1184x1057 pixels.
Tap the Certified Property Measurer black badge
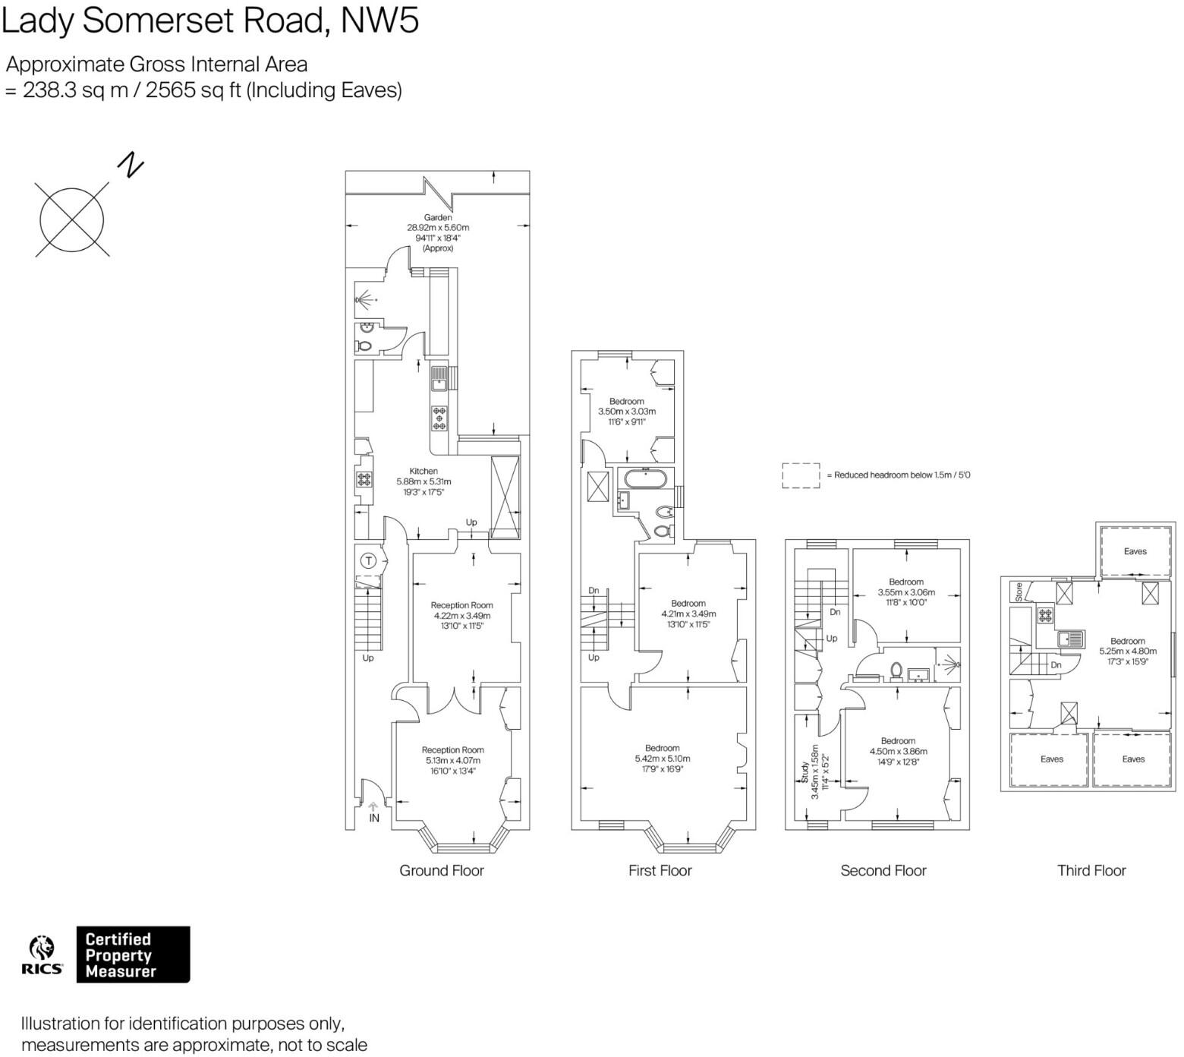click(133, 954)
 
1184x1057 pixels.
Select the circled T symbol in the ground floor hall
click(368, 561)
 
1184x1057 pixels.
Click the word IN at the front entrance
click(374, 819)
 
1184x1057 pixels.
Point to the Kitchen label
click(424, 471)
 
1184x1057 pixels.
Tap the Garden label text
click(438, 217)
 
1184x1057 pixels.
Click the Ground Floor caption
click(441, 870)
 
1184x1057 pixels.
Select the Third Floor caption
click(1091, 870)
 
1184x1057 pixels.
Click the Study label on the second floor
click(805, 772)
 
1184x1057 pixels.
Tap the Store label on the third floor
click(1019, 591)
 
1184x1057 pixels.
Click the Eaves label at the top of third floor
click(1135, 551)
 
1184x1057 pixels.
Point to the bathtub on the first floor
click(645, 479)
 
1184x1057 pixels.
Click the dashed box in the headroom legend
click(801, 475)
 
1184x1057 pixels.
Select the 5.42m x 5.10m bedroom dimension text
click(663, 759)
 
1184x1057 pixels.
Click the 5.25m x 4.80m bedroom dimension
click(1128, 651)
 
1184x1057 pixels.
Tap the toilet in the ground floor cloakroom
click(364, 346)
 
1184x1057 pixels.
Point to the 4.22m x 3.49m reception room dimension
click(461, 616)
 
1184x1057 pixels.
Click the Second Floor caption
click(883, 870)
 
